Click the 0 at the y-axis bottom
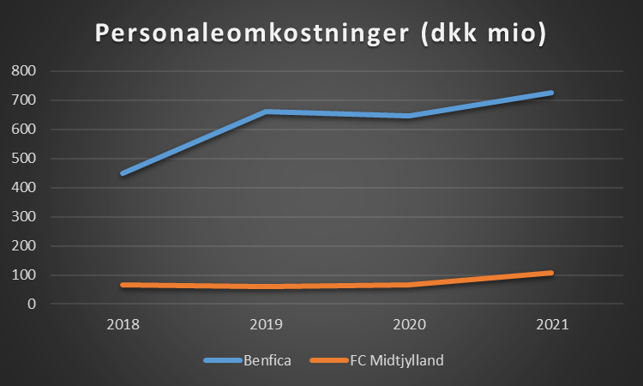pos(30,305)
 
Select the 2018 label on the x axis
pos(123,326)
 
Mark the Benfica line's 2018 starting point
pos(123,173)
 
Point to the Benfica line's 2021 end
pos(550,93)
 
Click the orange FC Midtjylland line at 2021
pos(550,273)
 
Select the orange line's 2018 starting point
pos(123,285)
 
